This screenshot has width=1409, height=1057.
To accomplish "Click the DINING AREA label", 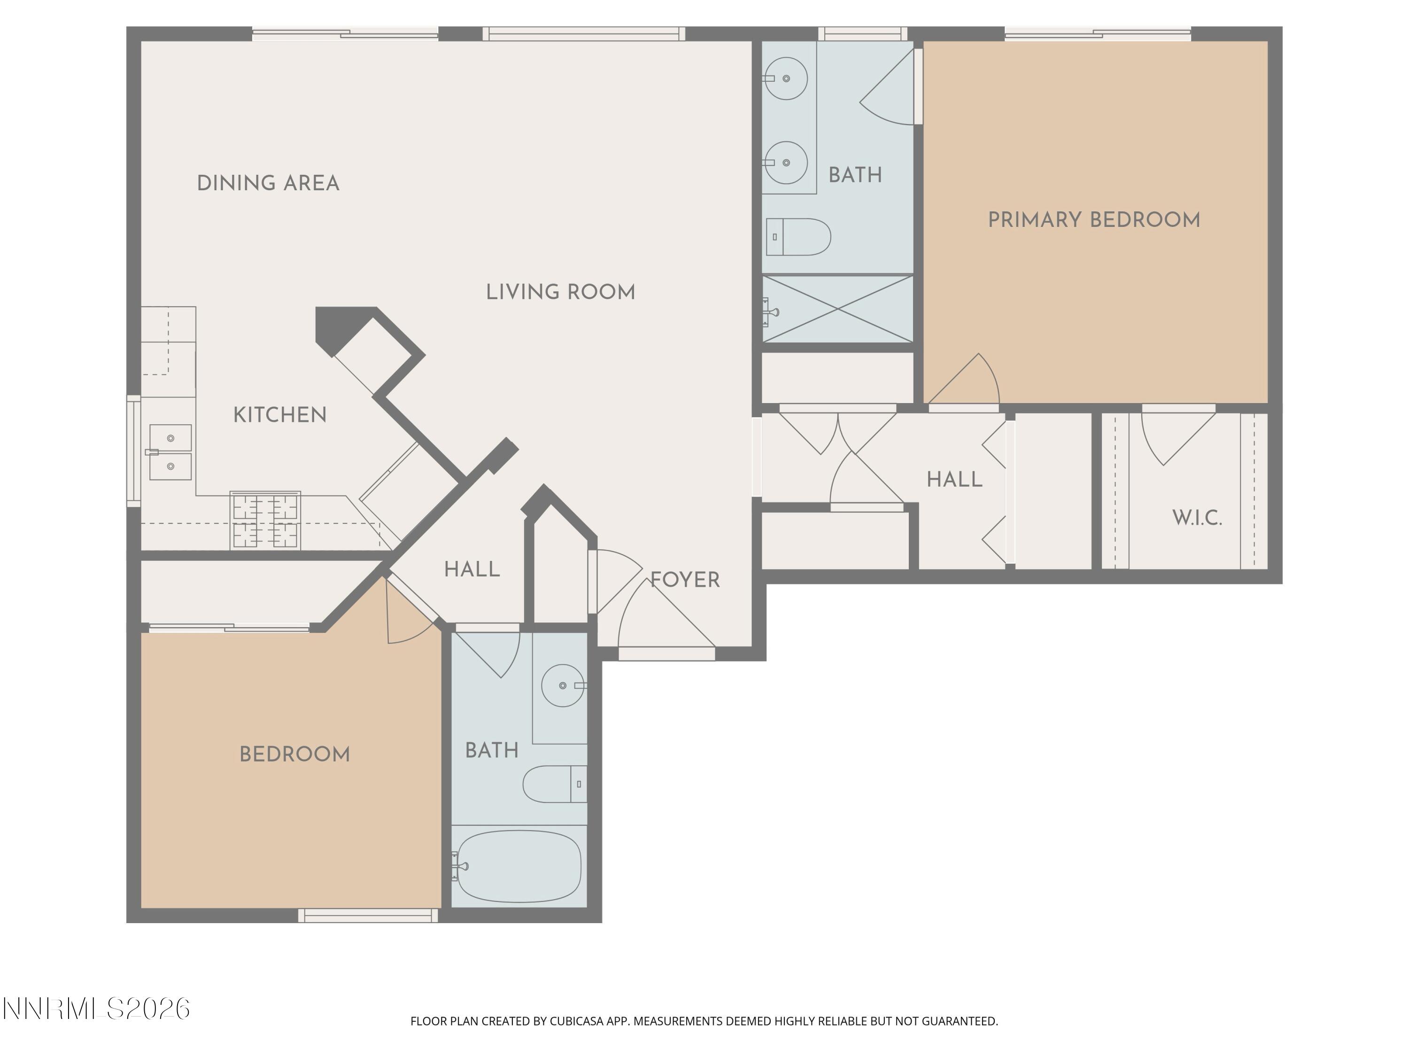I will tap(268, 184).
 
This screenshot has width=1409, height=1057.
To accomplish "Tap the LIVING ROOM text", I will tap(560, 293).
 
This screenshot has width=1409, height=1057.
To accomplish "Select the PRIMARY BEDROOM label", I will tap(1094, 220).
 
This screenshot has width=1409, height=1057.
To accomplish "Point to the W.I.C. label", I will tap(1197, 518).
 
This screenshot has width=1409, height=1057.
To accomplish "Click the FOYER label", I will tap(685, 580).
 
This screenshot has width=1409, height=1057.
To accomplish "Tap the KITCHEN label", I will tap(279, 415).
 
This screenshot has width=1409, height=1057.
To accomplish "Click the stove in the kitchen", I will tap(265, 521).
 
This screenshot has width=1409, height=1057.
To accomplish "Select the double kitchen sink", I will tap(170, 452).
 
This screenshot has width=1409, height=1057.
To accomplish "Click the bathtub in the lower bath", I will tap(519, 866).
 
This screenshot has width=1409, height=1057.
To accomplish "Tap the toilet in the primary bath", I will tap(798, 237).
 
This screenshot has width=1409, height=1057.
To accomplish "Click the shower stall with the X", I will tap(837, 309).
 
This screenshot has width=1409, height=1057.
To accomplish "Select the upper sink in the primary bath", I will tap(786, 78).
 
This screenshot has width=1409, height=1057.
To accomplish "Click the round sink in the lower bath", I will tap(563, 685).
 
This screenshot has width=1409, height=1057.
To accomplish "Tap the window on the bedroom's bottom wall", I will tap(368, 916).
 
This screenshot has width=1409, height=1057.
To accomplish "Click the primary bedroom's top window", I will tap(1097, 34).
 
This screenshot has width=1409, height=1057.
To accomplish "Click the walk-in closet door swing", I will tap(1177, 436).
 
